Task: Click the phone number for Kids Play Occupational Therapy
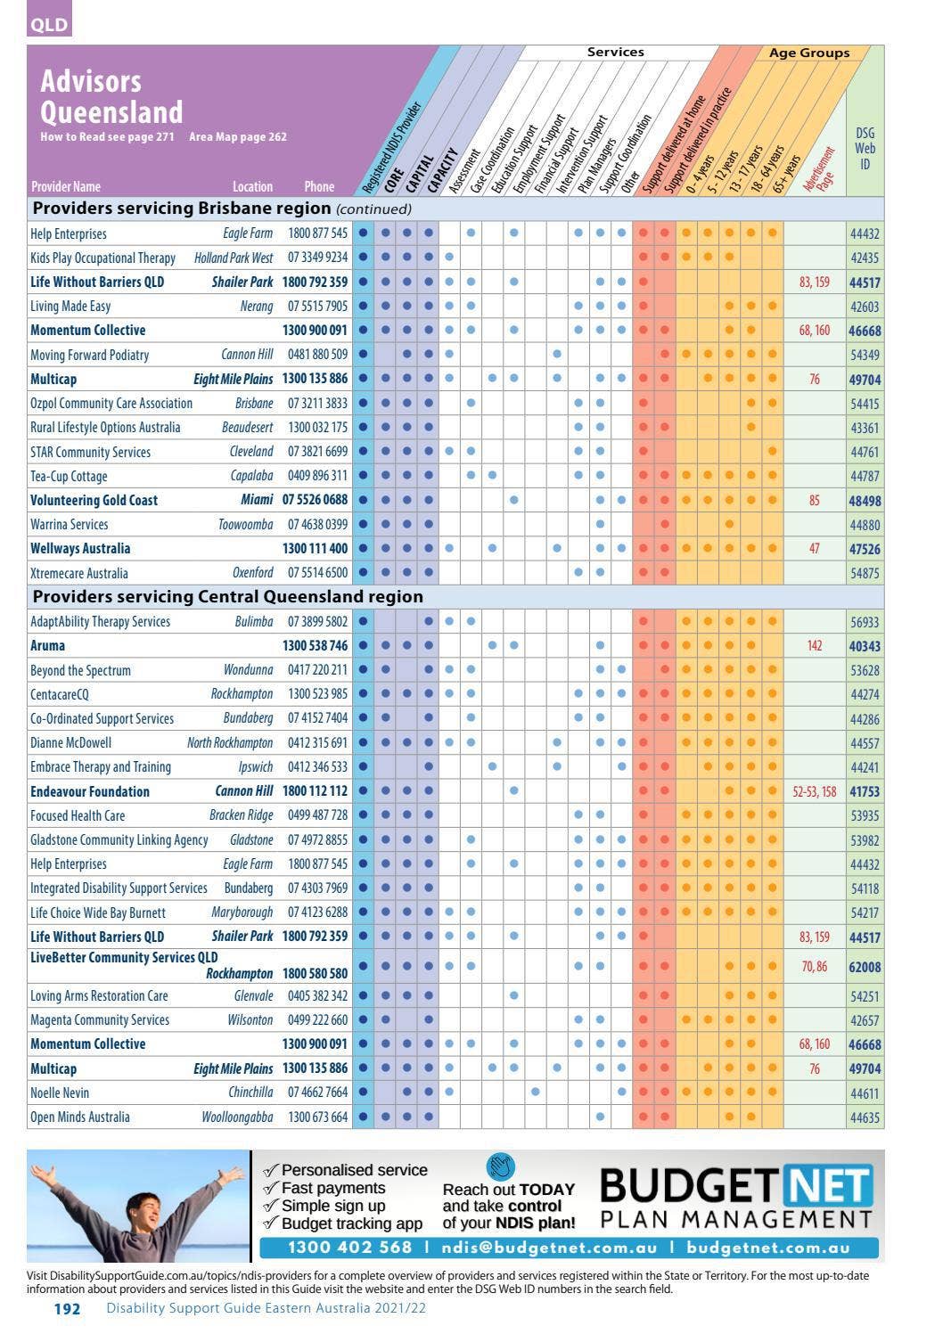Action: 317,258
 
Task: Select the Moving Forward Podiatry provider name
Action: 89,355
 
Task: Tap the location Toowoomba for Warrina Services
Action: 245,525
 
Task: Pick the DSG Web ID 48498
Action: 865,501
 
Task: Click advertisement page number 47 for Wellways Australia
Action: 815,549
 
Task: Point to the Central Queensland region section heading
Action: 227,597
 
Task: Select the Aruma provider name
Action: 47,645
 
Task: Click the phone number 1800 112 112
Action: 315,791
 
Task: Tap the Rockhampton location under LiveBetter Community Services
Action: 240,974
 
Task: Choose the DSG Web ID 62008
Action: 865,967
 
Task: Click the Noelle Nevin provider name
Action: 60,1093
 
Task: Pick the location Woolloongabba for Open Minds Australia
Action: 237,1117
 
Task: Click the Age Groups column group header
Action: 809,53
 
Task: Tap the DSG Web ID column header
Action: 865,148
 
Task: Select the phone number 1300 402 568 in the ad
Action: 349,1247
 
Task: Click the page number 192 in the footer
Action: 67,1309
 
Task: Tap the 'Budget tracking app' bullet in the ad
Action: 343,1224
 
